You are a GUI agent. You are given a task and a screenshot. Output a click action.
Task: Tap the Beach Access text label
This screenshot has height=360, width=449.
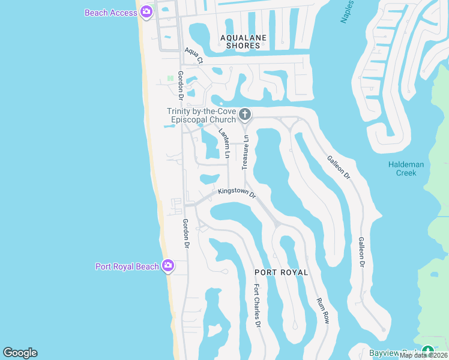[111, 13]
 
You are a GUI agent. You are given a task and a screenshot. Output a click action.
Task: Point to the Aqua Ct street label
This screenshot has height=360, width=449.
[194, 56]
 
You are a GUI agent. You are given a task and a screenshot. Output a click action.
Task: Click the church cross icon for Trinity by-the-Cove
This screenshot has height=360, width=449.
[244, 114]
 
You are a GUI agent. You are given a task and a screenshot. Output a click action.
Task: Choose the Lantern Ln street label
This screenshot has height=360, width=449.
[224, 143]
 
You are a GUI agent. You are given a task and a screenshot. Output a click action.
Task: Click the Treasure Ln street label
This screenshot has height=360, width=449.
[246, 152]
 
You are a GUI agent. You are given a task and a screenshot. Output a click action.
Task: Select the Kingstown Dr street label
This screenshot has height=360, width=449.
[237, 193]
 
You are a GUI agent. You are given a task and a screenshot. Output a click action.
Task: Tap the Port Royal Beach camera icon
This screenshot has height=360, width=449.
[168, 265]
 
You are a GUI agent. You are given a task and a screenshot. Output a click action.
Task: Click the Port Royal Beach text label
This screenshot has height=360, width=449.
[127, 267]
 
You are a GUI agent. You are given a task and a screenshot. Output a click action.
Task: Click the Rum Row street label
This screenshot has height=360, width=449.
[323, 310]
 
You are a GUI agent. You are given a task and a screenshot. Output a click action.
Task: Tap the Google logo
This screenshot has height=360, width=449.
[20, 353]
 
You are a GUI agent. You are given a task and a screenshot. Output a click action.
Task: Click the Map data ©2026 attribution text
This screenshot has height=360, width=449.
[424, 355]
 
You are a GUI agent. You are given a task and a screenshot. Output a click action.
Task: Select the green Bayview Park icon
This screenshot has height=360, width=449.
[427, 351]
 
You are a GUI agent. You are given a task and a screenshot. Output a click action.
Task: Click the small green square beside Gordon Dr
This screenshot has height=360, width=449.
[170, 77]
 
